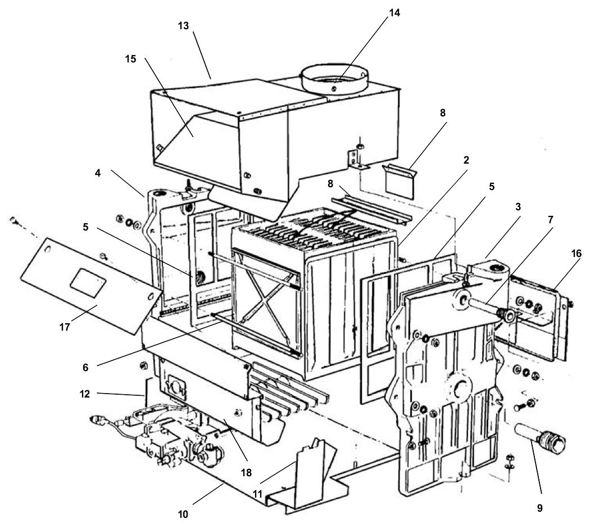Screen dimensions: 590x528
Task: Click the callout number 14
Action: [x=394, y=13]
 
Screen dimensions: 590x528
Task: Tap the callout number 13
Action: [x=184, y=26]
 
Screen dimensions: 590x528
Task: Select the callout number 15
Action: [x=130, y=59]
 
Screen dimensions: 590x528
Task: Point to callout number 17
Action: [x=65, y=327]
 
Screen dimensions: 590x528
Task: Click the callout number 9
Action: [x=539, y=508]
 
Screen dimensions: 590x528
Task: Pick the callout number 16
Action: [x=576, y=254]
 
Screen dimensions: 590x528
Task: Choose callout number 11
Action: [x=257, y=494]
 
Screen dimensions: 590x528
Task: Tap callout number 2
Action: [x=466, y=160]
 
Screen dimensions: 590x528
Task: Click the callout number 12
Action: [x=85, y=394]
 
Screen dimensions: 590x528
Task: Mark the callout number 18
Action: [x=246, y=472]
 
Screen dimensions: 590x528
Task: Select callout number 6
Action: [x=85, y=367]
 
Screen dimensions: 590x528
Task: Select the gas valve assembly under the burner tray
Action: [x=158, y=437]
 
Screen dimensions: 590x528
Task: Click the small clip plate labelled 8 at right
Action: [x=400, y=180]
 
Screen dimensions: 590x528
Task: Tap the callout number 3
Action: [x=518, y=207]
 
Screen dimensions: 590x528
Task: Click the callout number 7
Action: [x=551, y=219]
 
